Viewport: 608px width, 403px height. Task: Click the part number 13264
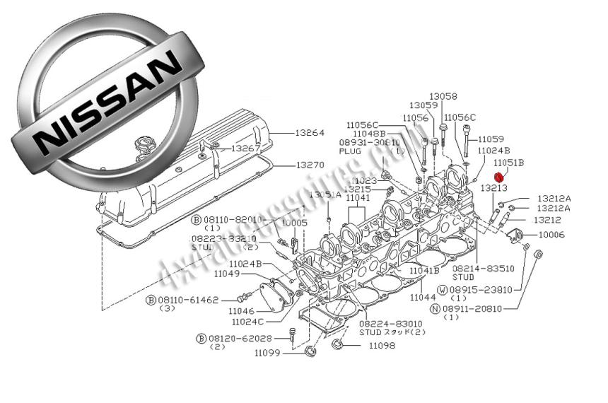coord(310,132)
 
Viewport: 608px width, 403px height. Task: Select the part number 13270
coord(310,165)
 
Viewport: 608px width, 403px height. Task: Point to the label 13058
coord(443,96)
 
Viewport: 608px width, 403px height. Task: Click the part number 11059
coord(491,139)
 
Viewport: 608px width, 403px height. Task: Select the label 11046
coord(242,310)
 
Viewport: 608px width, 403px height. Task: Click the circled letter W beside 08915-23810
coord(442,290)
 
